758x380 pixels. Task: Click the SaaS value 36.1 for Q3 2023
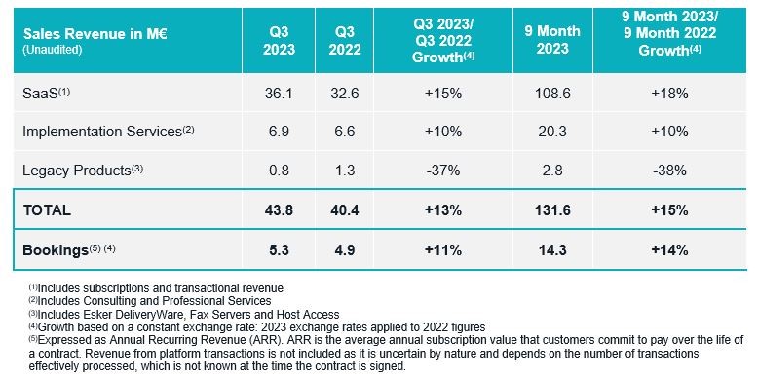point(279,93)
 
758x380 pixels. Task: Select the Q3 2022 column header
point(345,41)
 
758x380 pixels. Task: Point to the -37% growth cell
point(442,171)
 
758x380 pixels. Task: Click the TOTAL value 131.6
point(552,210)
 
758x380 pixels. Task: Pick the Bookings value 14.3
point(552,250)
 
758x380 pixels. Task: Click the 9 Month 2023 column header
point(552,40)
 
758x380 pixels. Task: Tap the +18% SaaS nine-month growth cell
point(669,93)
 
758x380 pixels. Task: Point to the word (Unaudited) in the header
point(53,50)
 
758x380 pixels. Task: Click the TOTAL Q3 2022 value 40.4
point(345,210)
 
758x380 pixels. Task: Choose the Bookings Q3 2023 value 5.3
point(279,250)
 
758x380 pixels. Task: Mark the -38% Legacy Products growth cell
point(669,171)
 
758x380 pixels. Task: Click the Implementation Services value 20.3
point(552,132)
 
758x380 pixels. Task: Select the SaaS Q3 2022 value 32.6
point(345,93)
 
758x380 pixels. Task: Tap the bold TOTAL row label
point(47,210)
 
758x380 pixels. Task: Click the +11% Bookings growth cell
point(442,250)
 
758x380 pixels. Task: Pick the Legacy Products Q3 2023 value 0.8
point(279,171)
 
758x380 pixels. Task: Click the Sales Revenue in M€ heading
point(95,34)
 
